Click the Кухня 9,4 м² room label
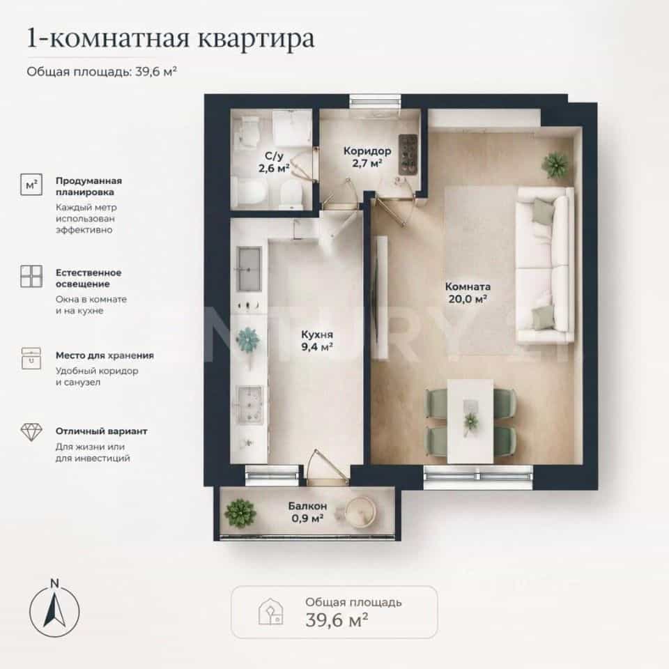point(317,341)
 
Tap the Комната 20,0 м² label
point(468,293)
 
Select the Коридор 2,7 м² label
point(367,157)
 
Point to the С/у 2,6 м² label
point(274,162)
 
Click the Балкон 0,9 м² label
point(307,512)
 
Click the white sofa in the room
point(544,266)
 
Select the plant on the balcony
point(240,514)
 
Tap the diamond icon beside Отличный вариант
point(31,432)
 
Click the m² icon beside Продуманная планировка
point(31,184)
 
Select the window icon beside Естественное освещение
point(31,276)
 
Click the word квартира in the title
point(256,38)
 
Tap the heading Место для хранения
point(105,355)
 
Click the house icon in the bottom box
point(271,612)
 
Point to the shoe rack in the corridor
point(408,155)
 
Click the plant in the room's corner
point(555,164)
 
